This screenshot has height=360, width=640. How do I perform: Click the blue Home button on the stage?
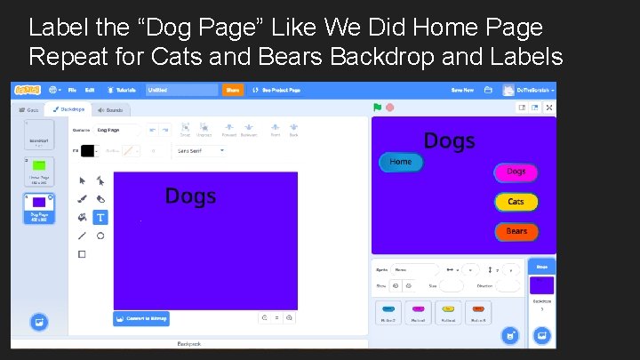401,162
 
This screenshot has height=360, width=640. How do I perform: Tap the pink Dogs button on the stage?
516,172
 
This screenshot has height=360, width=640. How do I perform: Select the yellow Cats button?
516,202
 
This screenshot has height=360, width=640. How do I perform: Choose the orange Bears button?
516,231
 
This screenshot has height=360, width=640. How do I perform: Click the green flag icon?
378,108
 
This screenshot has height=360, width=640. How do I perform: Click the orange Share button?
233,90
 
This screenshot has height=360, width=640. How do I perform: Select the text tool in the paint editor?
100,217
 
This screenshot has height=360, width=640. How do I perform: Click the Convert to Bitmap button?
141,317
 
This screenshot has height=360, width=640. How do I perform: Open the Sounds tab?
110,110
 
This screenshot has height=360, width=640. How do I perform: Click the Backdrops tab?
68,110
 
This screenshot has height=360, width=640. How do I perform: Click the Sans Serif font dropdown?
200,151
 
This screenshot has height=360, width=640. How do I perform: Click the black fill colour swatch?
87,151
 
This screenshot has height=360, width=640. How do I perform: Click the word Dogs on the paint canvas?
190,196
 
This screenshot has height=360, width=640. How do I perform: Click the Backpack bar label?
189,343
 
